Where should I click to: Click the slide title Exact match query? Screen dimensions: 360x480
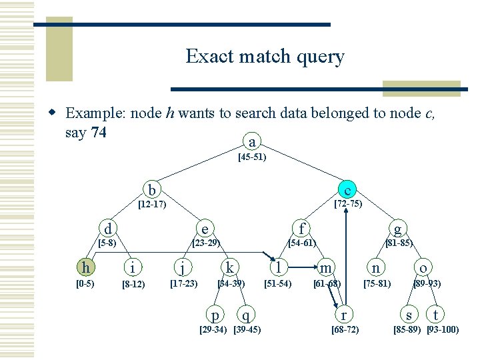tap(265, 56)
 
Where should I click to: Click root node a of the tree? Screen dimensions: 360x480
tap(251, 142)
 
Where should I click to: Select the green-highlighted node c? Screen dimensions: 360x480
tap(347, 189)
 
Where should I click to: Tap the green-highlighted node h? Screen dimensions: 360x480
tap(85, 267)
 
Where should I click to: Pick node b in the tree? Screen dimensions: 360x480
tap(152, 189)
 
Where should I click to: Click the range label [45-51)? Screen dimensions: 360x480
tap(252, 158)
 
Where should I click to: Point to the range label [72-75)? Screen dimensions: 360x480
tap(348, 204)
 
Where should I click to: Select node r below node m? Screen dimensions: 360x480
tap(343, 314)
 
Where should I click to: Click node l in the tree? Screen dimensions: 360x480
tap(277, 267)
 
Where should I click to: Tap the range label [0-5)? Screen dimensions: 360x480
tap(85, 283)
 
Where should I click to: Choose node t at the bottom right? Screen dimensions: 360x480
tap(435, 314)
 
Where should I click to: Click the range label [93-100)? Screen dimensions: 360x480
tap(443, 329)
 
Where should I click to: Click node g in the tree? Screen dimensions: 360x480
tap(397, 228)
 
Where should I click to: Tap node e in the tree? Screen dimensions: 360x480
tap(205, 229)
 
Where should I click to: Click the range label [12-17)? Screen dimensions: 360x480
tap(151, 204)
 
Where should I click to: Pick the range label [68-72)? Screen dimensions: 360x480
tap(345, 329)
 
